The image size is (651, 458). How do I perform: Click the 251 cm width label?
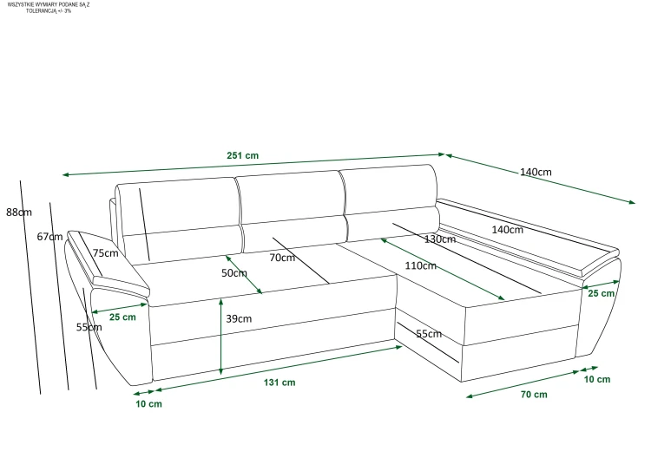242,155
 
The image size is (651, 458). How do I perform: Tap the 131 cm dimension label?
279,383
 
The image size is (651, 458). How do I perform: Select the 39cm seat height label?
239,318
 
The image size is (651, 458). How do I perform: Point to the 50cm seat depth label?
234,273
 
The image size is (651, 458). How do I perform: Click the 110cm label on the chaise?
421,265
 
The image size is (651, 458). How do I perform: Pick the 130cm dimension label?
440,239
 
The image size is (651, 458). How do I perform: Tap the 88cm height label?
19,213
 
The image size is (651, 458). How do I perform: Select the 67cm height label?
49,237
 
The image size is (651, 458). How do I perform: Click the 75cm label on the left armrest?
105,253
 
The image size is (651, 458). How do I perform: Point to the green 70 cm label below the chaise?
534,395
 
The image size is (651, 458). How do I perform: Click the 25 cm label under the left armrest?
122,317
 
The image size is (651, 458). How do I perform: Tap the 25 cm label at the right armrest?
602,293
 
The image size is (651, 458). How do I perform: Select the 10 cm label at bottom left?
148,404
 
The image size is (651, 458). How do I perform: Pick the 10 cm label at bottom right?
597,379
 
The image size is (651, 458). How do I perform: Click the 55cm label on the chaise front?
429,334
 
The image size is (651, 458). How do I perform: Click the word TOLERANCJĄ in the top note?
41,10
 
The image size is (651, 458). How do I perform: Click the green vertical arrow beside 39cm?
220,337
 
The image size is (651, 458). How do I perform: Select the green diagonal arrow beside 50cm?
244,275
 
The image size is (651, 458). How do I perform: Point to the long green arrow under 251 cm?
253,165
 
